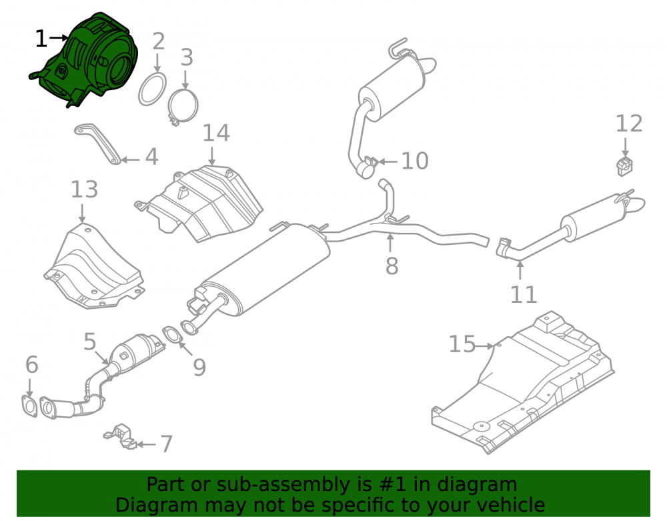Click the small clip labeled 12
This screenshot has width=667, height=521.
pyautogui.click(x=624, y=166)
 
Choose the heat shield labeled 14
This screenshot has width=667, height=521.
pyautogui.click(x=200, y=204)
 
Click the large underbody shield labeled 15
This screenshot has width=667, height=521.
pyautogui.click(x=523, y=383)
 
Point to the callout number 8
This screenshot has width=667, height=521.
pyautogui.click(x=392, y=266)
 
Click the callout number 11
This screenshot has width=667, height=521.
pyautogui.click(x=524, y=295)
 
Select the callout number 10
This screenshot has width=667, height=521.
pyautogui.click(x=415, y=161)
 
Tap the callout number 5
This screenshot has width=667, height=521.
pyautogui.click(x=90, y=342)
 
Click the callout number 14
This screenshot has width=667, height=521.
pyautogui.click(x=216, y=133)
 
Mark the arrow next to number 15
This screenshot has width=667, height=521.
pyautogui.click(x=484, y=346)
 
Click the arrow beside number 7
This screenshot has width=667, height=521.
pyautogui.click(x=146, y=444)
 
